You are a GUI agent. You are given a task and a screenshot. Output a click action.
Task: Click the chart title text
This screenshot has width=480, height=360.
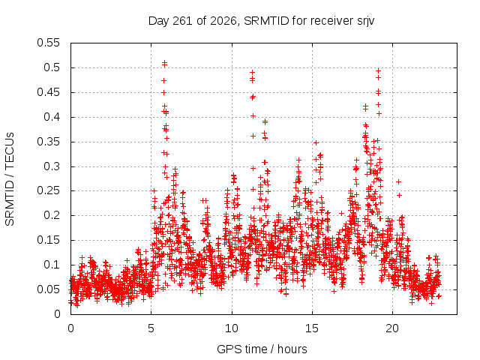click(x=261, y=21)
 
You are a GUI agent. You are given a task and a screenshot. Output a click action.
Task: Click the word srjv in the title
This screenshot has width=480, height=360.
click(x=365, y=22)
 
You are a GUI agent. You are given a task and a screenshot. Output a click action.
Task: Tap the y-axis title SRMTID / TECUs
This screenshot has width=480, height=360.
click(x=10, y=179)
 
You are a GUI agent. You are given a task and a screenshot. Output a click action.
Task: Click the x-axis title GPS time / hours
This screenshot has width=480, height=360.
click(x=262, y=349)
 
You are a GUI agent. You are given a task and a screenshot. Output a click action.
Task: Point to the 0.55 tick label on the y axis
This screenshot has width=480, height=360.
click(x=48, y=43)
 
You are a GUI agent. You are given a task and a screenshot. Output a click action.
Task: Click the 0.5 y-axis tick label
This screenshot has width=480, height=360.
click(x=52, y=67)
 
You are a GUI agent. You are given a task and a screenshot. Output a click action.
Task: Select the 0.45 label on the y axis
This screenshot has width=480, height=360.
click(x=48, y=92)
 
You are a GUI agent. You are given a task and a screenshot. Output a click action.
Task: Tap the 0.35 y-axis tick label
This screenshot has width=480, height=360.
click(x=48, y=142)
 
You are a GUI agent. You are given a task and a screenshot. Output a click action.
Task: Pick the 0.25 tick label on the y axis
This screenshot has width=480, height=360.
click(x=48, y=190)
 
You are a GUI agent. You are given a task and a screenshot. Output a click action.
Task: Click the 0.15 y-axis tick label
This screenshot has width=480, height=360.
click(x=48, y=240)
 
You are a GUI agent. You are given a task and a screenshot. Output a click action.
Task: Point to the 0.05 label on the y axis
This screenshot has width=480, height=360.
click(x=48, y=289)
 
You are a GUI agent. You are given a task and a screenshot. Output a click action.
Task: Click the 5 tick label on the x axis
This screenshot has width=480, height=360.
click(x=151, y=328)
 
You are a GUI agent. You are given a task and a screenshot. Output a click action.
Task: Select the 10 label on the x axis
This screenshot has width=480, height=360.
click(x=232, y=328)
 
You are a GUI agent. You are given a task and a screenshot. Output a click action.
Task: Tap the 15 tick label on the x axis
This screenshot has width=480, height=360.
click(x=312, y=328)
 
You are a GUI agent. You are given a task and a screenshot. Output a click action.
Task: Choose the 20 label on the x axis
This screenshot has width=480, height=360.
click(x=392, y=328)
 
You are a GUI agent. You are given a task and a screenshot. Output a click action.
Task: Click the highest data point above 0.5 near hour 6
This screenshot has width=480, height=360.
click(x=165, y=62)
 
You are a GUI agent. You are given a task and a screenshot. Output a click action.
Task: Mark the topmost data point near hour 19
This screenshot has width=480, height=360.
click(x=378, y=70)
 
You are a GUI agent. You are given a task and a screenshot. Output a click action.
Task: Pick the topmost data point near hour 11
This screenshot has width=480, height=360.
click(x=253, y=73)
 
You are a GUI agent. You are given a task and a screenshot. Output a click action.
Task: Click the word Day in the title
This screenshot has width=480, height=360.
click(x=158, y=22)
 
